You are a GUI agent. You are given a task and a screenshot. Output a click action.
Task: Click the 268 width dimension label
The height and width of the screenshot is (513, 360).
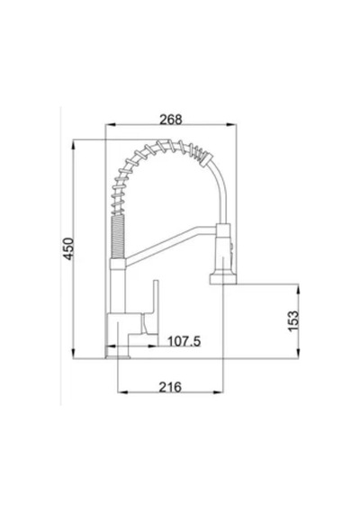tap(170, 120)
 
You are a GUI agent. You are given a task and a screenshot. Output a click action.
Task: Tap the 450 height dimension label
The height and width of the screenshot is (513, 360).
tap(68, 249)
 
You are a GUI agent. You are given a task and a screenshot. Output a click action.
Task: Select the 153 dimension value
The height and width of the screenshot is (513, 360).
tap(293, 321)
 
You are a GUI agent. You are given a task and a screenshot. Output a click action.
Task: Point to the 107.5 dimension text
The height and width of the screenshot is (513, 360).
tap(184, 342)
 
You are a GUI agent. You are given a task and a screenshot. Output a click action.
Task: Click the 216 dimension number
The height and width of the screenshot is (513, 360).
tap(170, 387)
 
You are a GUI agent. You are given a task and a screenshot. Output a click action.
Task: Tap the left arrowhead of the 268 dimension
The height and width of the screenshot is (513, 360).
tap(109, 125)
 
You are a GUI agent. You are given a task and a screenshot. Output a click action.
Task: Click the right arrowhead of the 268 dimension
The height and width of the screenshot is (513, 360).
tap(232, 125)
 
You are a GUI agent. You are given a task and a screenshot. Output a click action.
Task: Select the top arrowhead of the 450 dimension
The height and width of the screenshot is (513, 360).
tap(73, 145)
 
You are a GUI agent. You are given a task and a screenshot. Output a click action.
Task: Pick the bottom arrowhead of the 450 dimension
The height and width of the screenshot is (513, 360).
tap(73, 354)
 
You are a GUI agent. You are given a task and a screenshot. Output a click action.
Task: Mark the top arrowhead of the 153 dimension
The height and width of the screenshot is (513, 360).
tap(298, 289)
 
